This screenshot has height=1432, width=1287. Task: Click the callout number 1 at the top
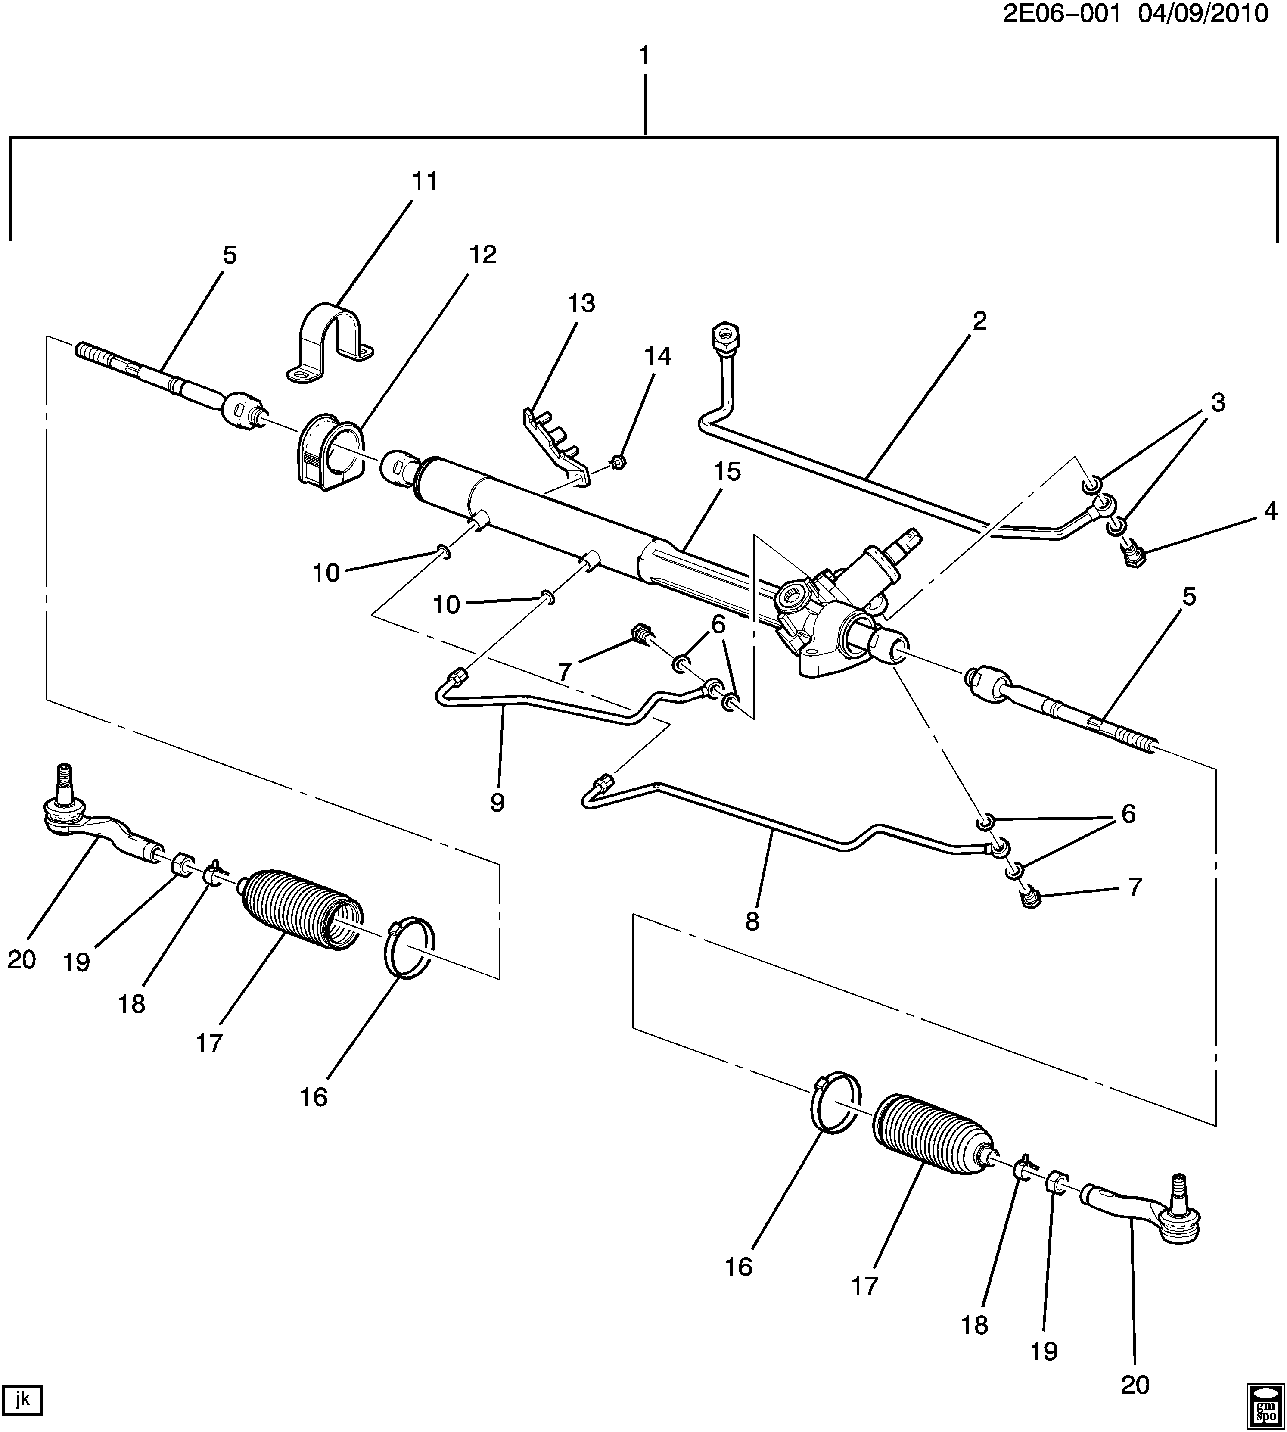644,55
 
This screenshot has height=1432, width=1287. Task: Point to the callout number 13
581,304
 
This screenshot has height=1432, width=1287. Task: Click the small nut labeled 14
618,463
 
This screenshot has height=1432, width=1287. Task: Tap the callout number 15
727,472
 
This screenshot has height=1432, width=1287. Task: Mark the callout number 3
1218,403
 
